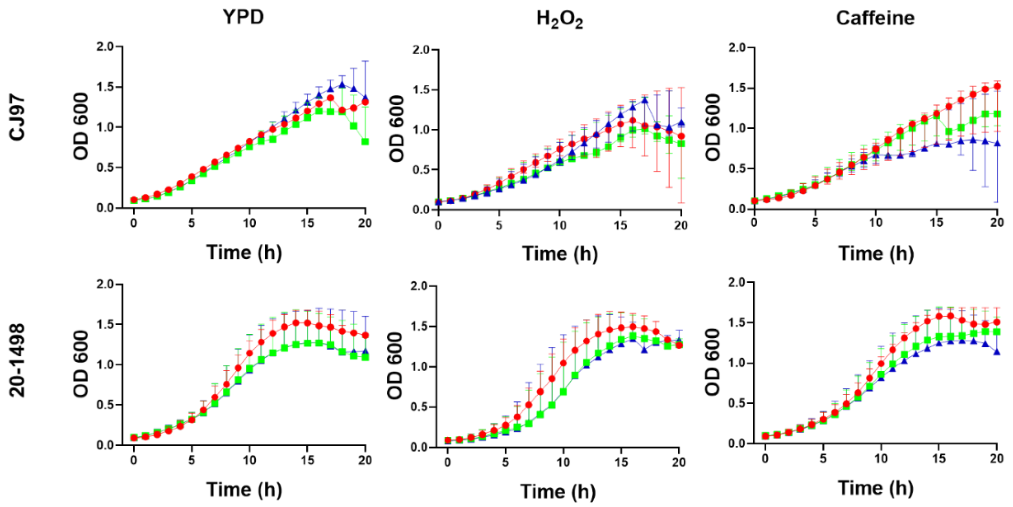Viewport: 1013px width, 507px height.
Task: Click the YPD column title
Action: tap(243, 17)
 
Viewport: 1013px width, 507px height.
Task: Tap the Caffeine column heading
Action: tap(875, 18)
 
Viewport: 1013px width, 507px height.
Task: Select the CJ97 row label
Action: tap(17, 118)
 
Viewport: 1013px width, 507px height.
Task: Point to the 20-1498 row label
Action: tap(17, 360)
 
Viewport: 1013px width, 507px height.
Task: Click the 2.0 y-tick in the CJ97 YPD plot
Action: tap(105, 47)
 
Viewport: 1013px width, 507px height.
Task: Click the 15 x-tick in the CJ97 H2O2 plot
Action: tap(620, 225)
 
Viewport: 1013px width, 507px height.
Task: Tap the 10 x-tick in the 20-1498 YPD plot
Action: tap(249, 460)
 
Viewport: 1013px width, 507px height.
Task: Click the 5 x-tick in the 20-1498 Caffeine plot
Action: tap(823, 458)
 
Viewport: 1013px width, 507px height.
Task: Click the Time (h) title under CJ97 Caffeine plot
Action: tap(876, 254)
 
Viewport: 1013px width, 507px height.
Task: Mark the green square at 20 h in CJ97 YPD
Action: tap(365, 142)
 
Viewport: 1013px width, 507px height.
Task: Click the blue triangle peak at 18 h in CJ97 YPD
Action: tap(342, 84)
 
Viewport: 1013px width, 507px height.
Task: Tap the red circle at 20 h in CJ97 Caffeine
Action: tap(997, 87)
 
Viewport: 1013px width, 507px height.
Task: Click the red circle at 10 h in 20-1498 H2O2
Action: tap(563, 363)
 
